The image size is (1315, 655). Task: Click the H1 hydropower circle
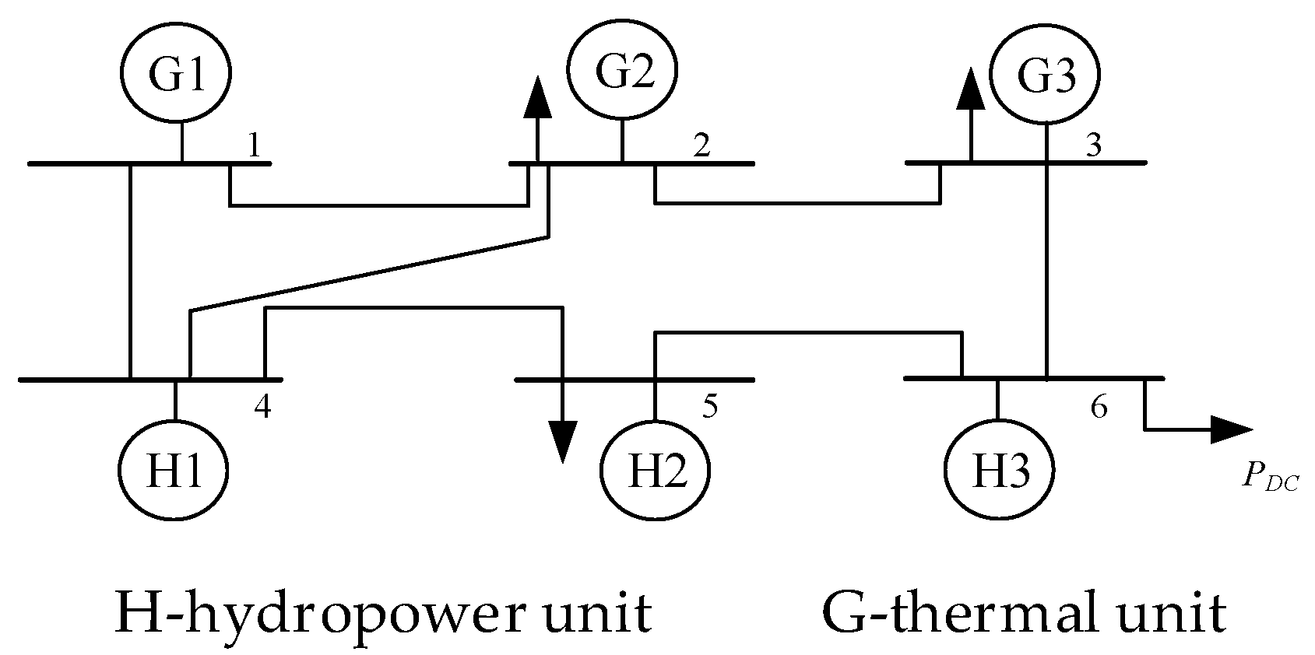[174, 470]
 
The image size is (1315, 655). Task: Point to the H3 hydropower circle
[999, 471]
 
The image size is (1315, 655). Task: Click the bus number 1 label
[253, 145]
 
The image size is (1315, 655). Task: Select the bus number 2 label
[701, 145]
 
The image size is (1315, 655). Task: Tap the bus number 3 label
[1093, 145]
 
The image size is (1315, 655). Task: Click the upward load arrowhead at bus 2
[536, 98]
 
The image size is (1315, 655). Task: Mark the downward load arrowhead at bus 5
[562, 441]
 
